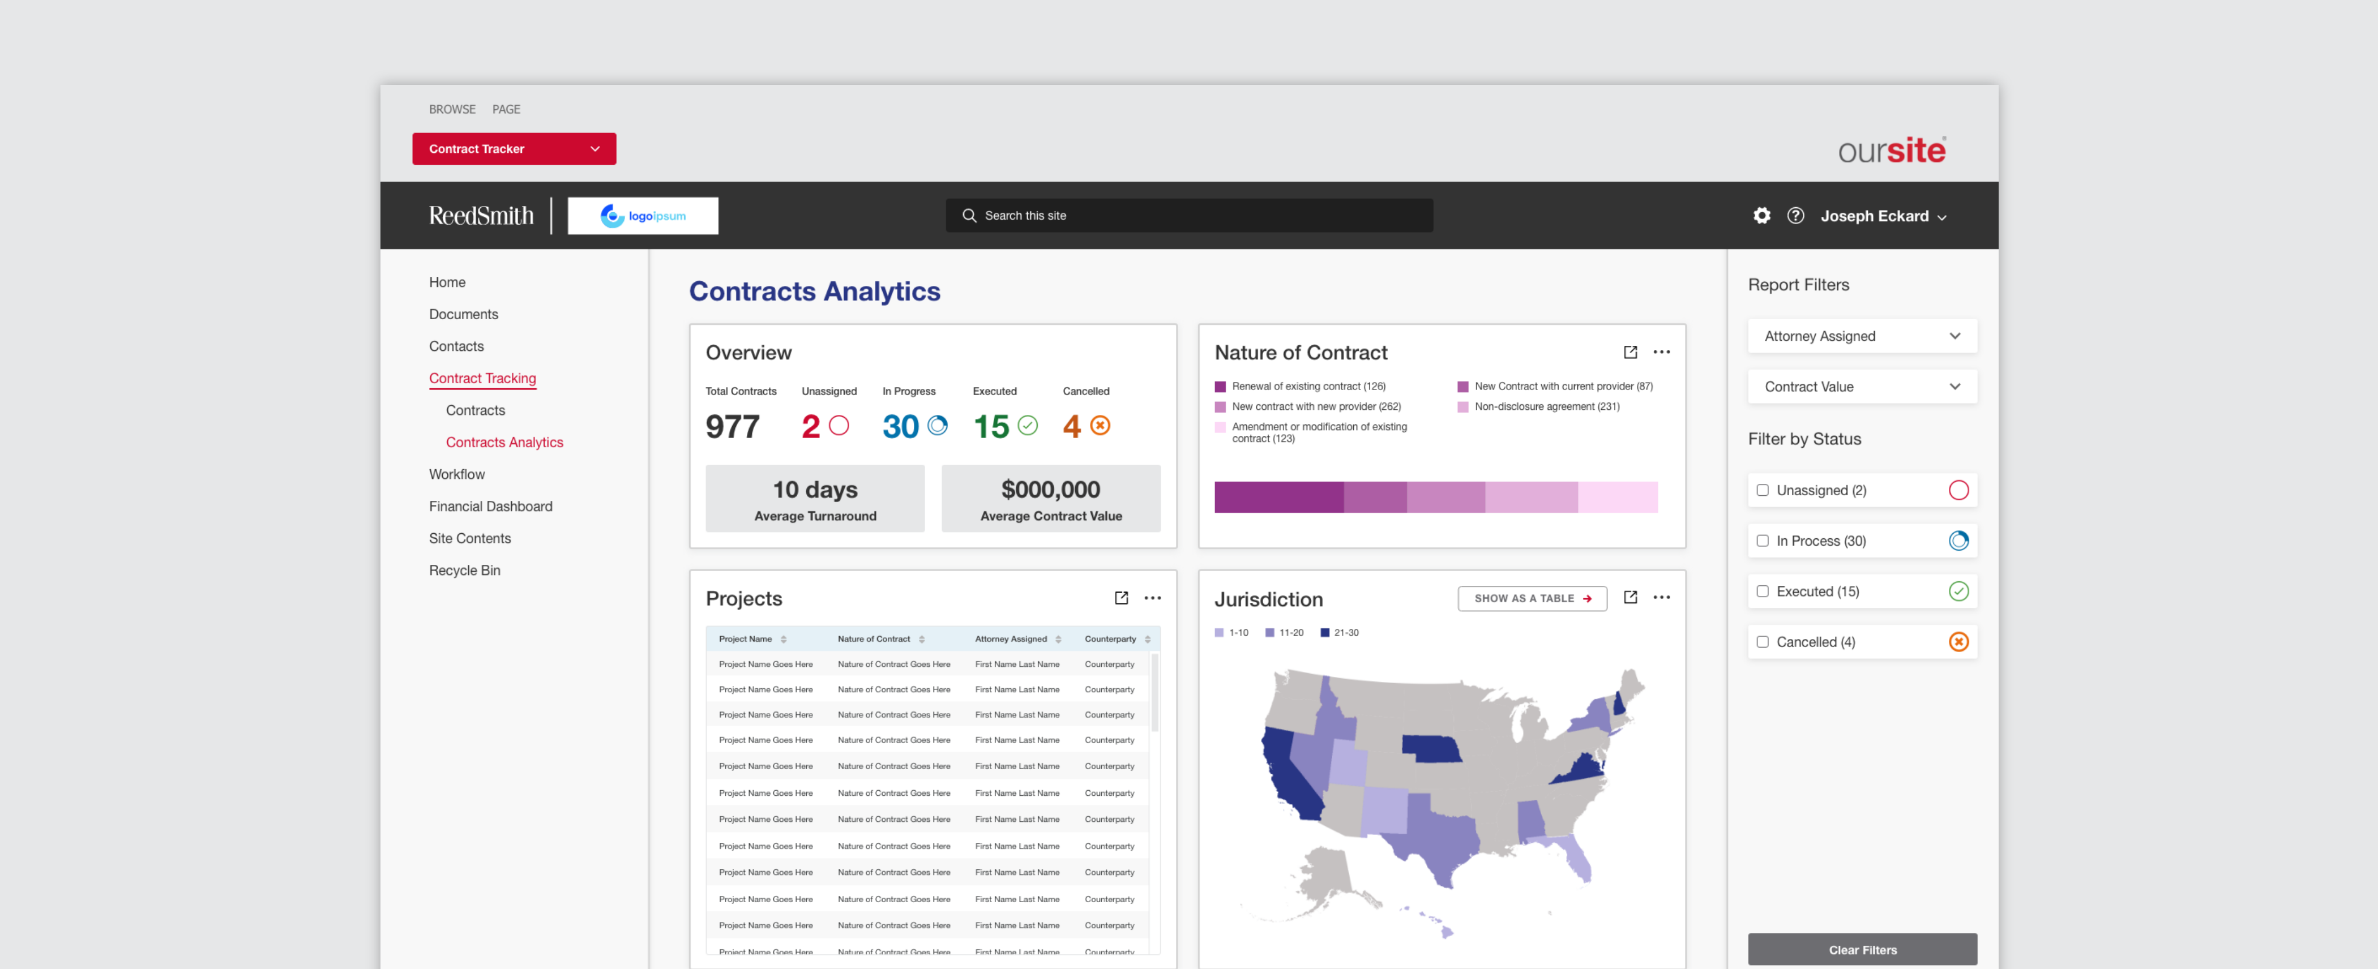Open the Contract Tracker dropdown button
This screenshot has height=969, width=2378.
[x=514, y=149]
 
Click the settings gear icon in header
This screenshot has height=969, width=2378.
[x=1761, y=215]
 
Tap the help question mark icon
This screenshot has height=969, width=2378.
[x=1795, y=215]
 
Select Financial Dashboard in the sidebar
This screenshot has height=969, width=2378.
[x=490, y=506]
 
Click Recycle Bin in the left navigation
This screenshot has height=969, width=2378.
[x=464, y=571]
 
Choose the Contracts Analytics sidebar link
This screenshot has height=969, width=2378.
[x=504, y=442]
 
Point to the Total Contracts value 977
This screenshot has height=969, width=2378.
[x=732, y=426]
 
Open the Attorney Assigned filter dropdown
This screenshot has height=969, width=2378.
[x=1861, y=336]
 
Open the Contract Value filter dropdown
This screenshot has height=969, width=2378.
[x=1861, y=387]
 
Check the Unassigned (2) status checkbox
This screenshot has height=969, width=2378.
[x=1762, y=490]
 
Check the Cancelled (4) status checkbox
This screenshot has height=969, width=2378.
[x=1762, y=641]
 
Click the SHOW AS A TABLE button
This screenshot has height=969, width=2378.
[x=1532, y=598]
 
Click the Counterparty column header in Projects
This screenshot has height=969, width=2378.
[x=1110, y=638]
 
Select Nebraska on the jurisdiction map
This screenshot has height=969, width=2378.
[x=1431, y=748]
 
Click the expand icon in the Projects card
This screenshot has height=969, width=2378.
[x=1120, y=598]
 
